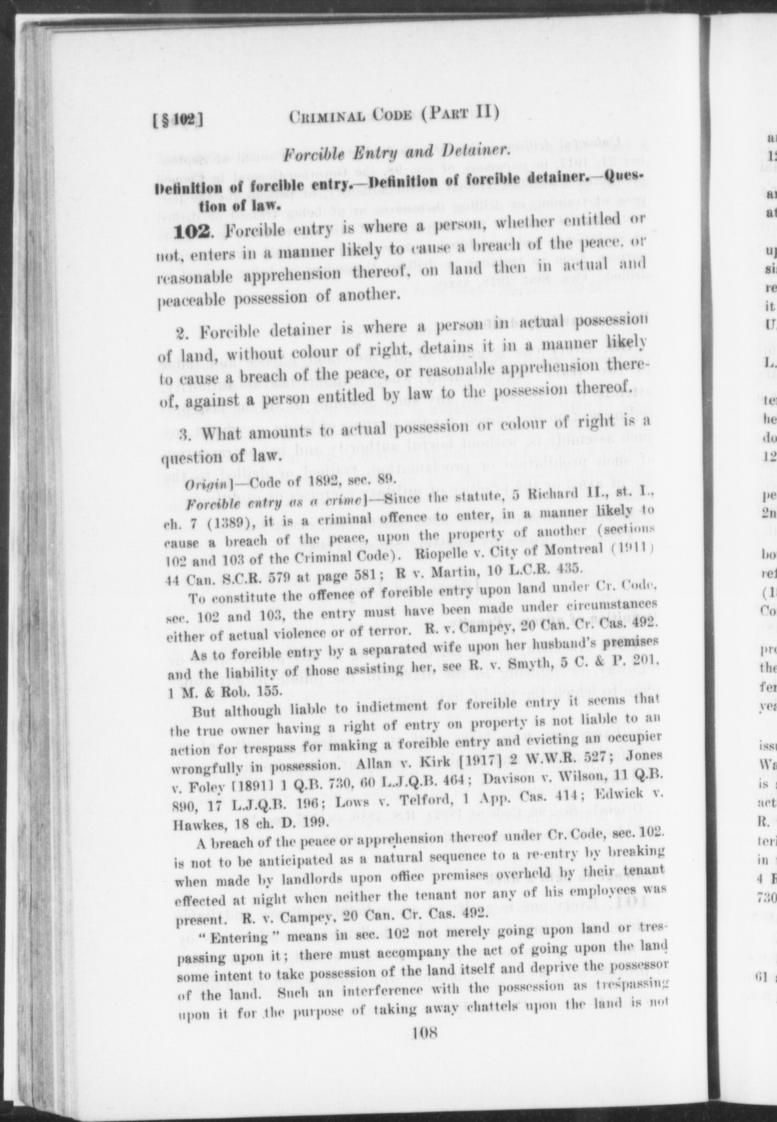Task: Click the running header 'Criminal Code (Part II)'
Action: pyautogui.click(x=393, y=115)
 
